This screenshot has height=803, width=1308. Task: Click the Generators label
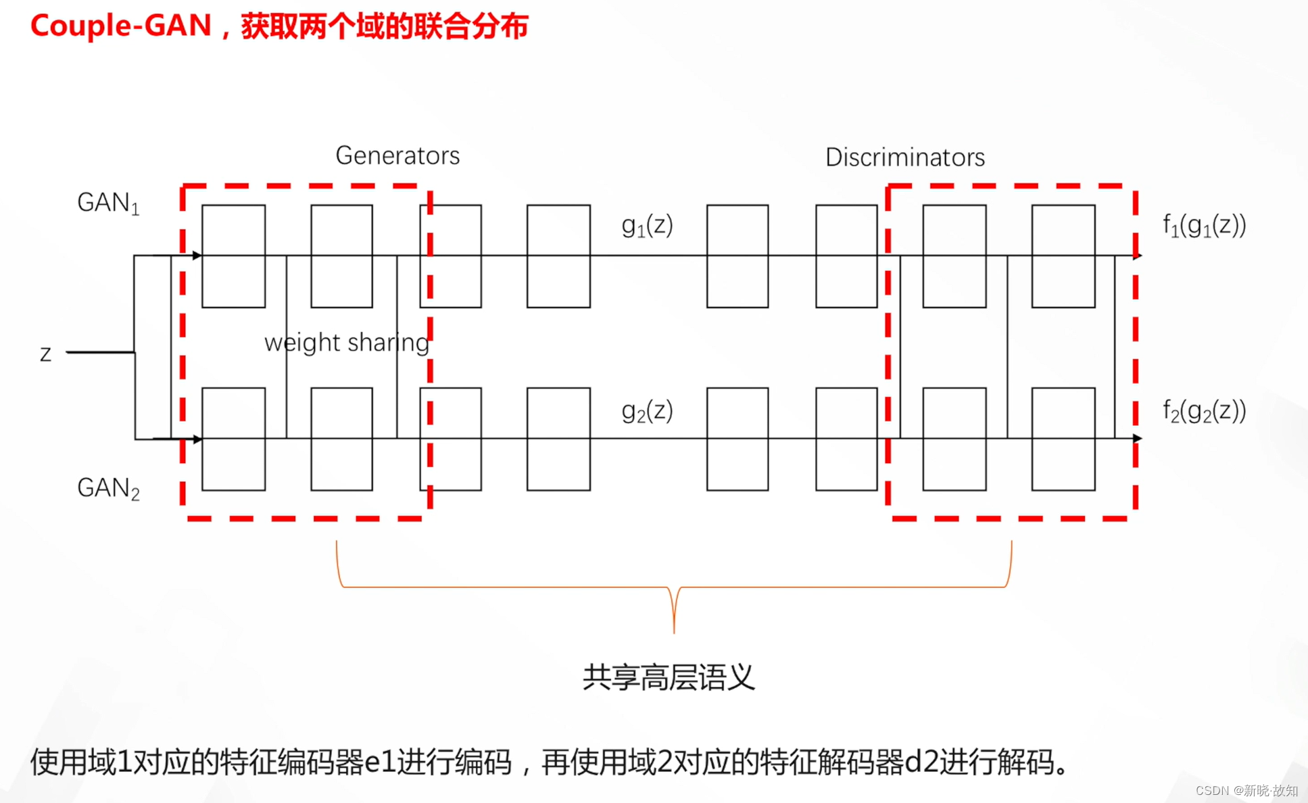[x=397, y=155]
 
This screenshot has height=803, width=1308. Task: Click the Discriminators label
[x=904, y=157]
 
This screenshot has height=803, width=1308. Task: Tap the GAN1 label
[x=108, y=203]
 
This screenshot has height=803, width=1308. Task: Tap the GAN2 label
[x=108, y=488]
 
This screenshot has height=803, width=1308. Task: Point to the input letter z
[x=45, y=354]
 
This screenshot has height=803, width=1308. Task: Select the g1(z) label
[x=647, y=225]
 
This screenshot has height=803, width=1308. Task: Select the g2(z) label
[x=647, y=410]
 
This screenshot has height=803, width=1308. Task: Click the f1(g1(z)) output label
[x=1204, y=225]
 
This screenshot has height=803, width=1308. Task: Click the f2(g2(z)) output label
[x=1204, y=410]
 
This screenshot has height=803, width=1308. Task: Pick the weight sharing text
[x=347, y=343]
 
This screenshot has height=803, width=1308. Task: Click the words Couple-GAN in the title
[x=121, y=26]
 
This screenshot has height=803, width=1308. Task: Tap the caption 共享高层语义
[x=668, y=677]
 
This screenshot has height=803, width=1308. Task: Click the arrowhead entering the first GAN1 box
[x=197, y=255]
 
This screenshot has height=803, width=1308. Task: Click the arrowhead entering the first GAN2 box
[x=197, y=439]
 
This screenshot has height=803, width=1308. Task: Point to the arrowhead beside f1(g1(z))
[x=1138, y=255]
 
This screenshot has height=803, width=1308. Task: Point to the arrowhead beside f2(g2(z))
[x=1138, y=438]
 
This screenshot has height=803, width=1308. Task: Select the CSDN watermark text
[x=1246, y=790]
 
